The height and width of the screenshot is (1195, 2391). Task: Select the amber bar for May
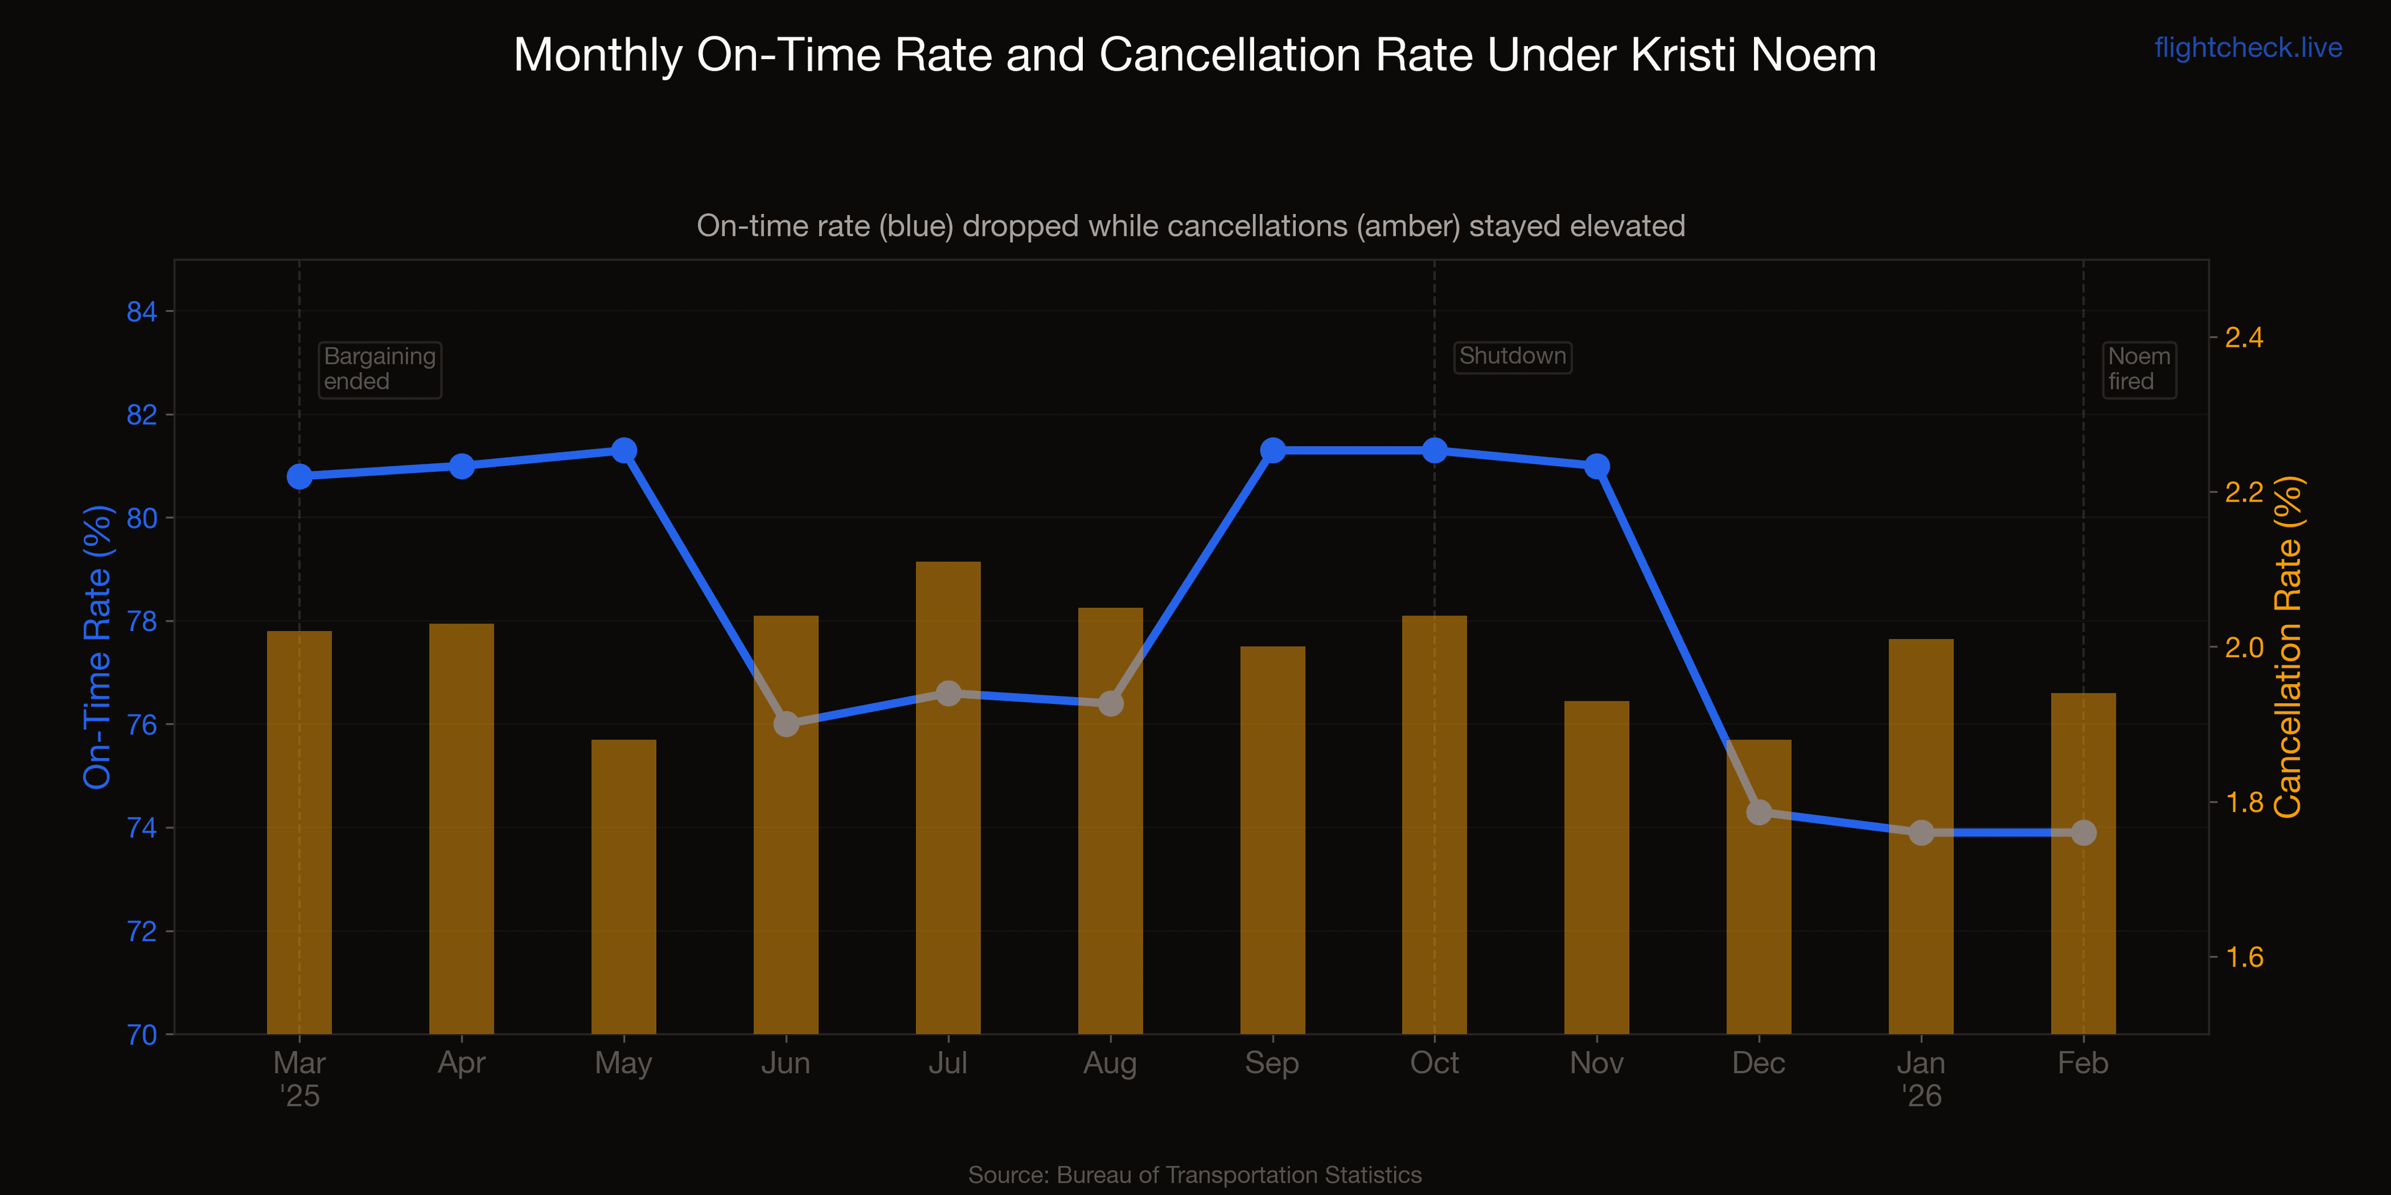tap(624, 886)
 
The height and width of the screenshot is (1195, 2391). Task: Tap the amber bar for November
tap(1596, 868)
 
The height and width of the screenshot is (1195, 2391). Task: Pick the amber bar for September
tap(1273, 840)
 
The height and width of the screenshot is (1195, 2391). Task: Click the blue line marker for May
tap(624, 451)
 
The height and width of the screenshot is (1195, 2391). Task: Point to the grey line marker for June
tap(786, 724)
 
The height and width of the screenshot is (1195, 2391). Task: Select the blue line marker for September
tap(1273, 451)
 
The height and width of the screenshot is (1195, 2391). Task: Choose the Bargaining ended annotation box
tap(380, 369)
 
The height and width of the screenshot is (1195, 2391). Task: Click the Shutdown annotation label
tap(1512, 356)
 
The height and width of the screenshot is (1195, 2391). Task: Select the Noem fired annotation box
tap(2139, 369)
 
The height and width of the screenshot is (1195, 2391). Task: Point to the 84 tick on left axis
tap(141, 312)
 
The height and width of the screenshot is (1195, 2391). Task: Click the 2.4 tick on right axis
tap(2244, 338)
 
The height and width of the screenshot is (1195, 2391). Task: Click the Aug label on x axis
tap(1110, 1062)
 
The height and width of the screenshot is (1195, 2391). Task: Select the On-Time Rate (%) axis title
tap(98, 647)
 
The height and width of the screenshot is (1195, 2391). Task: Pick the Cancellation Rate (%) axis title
tap(2288, 647)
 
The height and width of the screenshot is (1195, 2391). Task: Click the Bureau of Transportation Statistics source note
tap(1195, 1174)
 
